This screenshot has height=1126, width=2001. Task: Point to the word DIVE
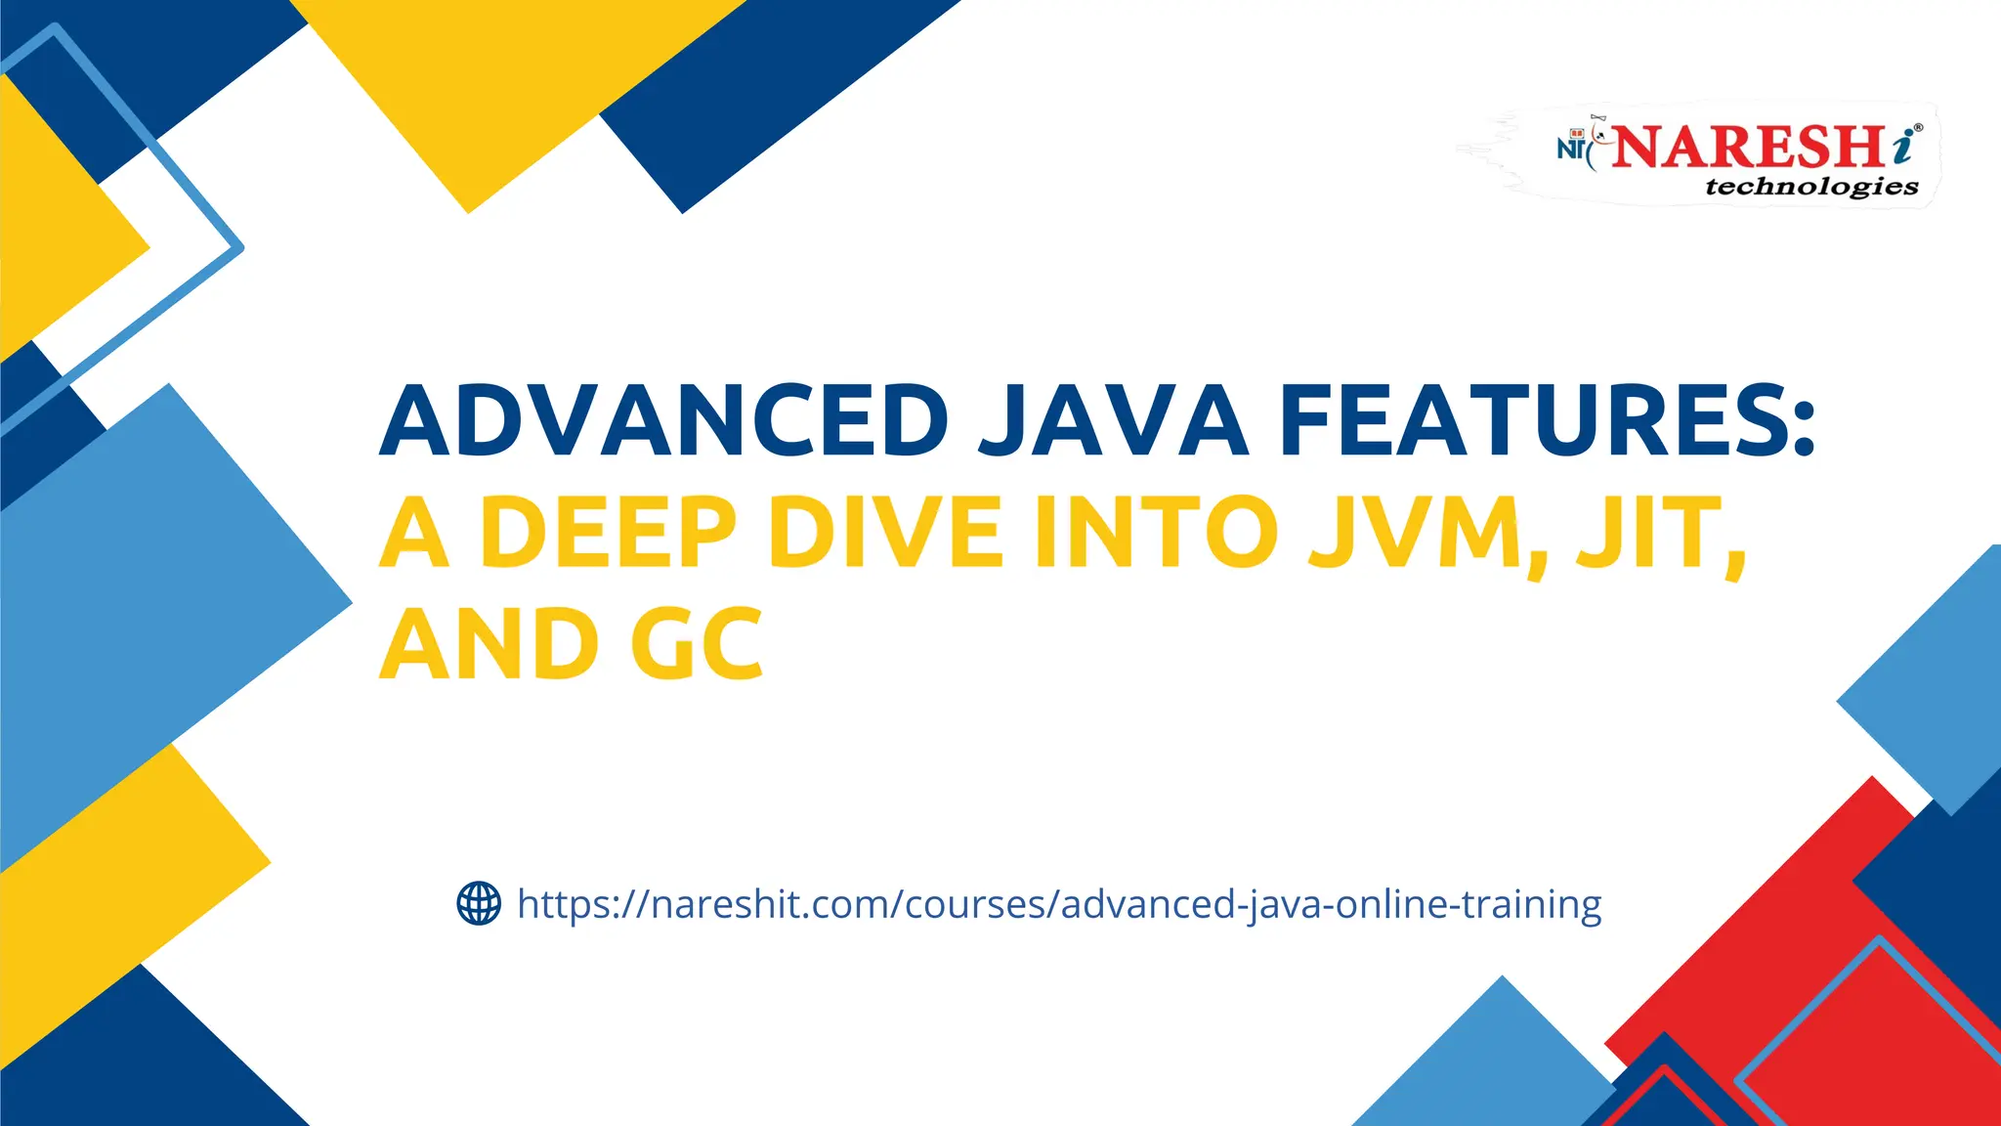(x=885, y=533)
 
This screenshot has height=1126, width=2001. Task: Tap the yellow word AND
(x=489, y=645)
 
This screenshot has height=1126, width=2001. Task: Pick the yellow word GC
(x=696, y=645)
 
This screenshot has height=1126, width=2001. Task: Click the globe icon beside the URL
(x=479, y=903)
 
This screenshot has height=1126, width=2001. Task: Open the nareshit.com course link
(x=1059, y=905)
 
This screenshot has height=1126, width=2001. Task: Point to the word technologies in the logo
(x=1811, y=186)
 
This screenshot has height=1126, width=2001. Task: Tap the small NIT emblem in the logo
(x=1572, y=147)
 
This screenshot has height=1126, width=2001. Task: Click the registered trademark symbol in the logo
(x=1919, y=128)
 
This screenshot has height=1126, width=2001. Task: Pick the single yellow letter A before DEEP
(x=414, y=533)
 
